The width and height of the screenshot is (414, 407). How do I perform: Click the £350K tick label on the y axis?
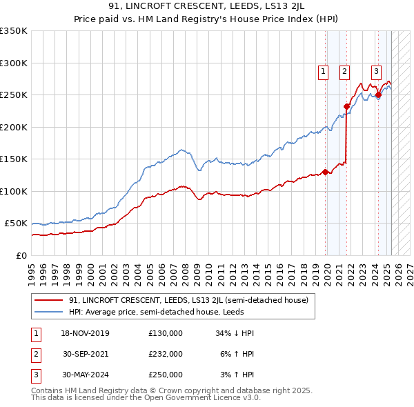(x=14, y=31)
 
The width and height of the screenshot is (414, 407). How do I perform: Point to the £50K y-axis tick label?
(x=16, y=224)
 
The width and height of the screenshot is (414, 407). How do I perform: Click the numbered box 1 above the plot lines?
(x=323, y=69)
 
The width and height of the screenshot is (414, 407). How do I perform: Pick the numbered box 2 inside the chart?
(x=344, y=69)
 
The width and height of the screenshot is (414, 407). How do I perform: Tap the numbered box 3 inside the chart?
(x=376, y=69)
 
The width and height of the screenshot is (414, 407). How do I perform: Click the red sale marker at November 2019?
(x=325, y=172)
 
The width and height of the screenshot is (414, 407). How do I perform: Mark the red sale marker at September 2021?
(x=346, y=106)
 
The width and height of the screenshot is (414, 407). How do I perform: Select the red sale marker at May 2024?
(x=378, y=95)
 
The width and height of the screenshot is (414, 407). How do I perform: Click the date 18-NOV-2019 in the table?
(x=86, y=333)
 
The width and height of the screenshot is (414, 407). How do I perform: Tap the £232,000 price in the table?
(x=165, y=354)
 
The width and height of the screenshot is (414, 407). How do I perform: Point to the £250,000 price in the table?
(x=165, y=375)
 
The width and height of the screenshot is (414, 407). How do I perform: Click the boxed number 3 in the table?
(x=34, y=375)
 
